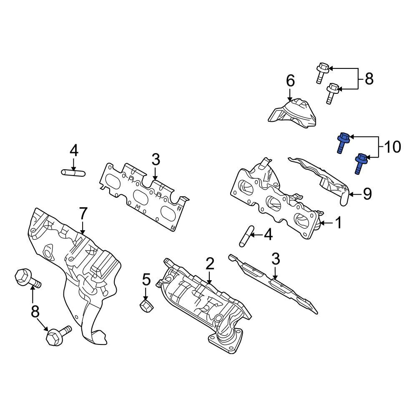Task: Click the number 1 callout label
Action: pyautogui.click(x=338, y=224)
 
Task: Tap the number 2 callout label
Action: pyautogui.click(x=209, y=264)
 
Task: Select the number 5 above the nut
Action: pyautogui.click(x=146, y=280)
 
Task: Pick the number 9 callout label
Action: pyautogui.click(x=367, y=194)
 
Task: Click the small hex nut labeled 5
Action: pyautogui.click(x=146, y=307)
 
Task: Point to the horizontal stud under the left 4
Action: pyautogui.click(x=73, y=172)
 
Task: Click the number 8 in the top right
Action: pyautogui.click(x=369, y=79)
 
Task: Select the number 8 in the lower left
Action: pyautogui.click(x=35, y=311)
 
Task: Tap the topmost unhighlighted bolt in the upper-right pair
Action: pyautogui.click(x=322, y=72)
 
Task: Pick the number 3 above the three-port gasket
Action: pyautogui.click(x=155, y=159)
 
